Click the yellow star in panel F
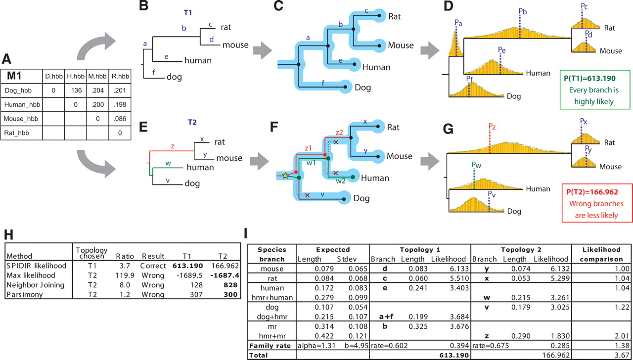click(285, 176)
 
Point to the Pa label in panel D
click(458, 22)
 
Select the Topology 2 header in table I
click(520, 250)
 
